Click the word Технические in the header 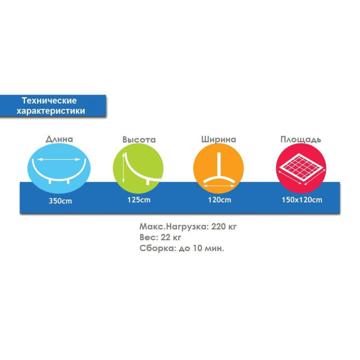[x=49, y=101]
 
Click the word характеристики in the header [x=50, y=110]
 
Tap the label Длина [x=59, y=139]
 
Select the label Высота [x=139, y=139]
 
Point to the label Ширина [x=218, y=139]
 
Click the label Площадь [x=300, y=139]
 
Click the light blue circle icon [x=59, y=166]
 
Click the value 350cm [x=60, y=201]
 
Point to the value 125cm [x=139, y=200]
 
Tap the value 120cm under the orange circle [x=220, y=200]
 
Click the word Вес [x=147, y=238]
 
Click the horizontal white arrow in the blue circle [x=59, y=159]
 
